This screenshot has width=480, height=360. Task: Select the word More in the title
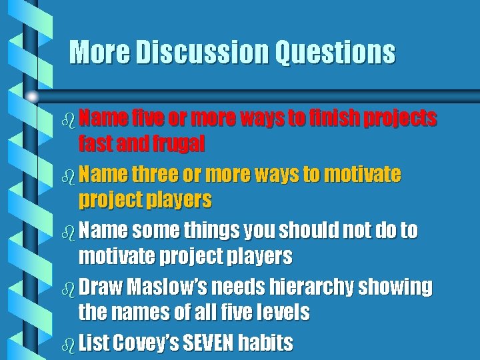point(93,52)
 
